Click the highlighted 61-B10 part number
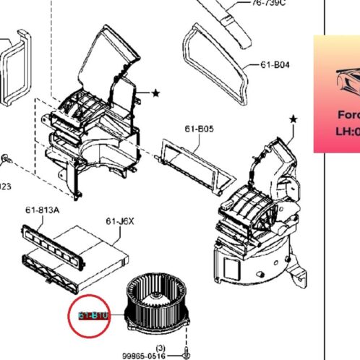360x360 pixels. (x=93, y=315)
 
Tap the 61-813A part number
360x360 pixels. (x=42, y=210)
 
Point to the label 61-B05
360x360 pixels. (x=199, y=129)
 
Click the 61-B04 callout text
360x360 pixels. (x=275, y=64)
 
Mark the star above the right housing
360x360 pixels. (x=293, y=119)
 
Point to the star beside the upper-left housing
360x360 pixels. (x=155, y=93)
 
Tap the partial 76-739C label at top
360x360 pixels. (x=268, y=3)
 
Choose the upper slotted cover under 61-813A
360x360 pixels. (x=51, y=236)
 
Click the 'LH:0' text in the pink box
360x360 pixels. (x=347, y=132)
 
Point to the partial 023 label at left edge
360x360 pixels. (x=5, y=185)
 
